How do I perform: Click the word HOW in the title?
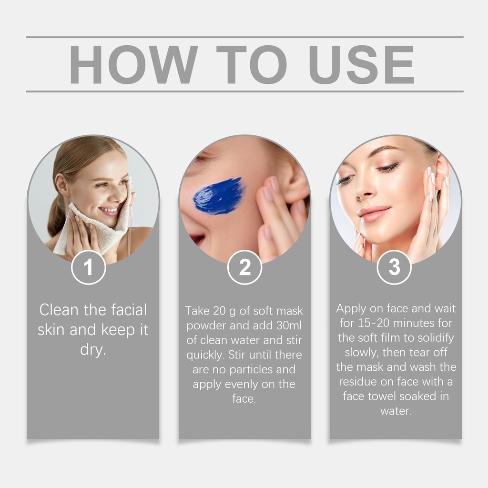coord(133,64)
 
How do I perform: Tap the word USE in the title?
coord(362,64)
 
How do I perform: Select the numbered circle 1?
coord(88,267)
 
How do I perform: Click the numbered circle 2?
coord(244,267)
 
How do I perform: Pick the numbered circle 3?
coord(394,267)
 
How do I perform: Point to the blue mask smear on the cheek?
coord(218,196)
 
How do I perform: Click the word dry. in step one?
coord(93,350)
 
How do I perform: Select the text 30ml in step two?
coord(289,325)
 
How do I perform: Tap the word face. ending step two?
coord(244,399)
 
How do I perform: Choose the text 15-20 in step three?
coord(374,323)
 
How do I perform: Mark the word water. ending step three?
coord(396,411)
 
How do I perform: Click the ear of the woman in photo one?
coord(61,183)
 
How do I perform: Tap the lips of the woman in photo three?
coord(372,213)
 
